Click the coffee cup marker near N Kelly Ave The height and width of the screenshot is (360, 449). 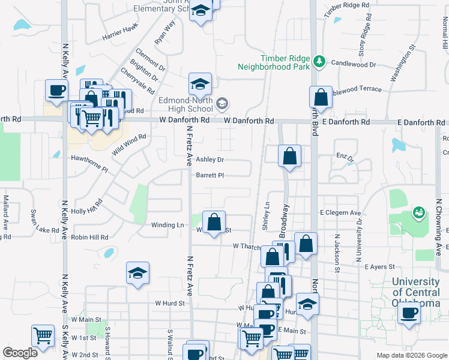coord(57,91)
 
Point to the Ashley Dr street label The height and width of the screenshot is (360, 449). coord(209,160)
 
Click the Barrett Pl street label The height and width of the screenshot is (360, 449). coord(209,176)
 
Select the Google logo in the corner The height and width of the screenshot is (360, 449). coord(20,353)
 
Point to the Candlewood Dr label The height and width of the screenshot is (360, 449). coord(354,64)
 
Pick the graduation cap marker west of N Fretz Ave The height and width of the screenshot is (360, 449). coord(138,273)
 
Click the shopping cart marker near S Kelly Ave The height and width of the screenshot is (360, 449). coord(43,336)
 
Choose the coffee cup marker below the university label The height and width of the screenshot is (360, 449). coord(410,313)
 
